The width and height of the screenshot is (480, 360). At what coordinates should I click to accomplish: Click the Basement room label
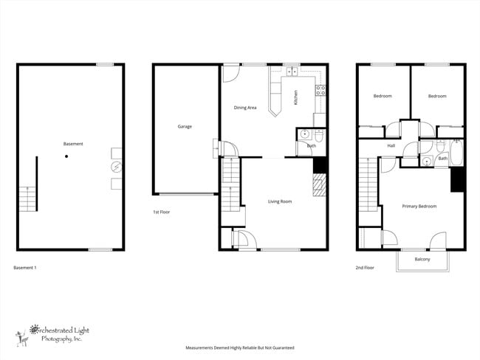[x=72, y=144]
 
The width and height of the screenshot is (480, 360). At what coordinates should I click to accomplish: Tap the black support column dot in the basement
[x=66, y=156]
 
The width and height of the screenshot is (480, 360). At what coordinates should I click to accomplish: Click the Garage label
[x=185, y=126]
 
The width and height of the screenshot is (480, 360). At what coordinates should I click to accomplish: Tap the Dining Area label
[x=245, y=108]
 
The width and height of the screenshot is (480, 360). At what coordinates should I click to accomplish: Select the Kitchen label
[x=295, y=97]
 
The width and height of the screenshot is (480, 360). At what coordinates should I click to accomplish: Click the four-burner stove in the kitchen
[x=320, y=91]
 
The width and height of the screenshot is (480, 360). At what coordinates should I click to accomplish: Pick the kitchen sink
[x=290, y=72]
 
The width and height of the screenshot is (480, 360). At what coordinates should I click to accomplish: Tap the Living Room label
[x=280, y=201]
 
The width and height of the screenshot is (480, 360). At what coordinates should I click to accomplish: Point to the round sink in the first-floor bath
[x=304, y=134]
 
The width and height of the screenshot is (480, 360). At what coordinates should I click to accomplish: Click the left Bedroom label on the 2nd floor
[x=383, y=96]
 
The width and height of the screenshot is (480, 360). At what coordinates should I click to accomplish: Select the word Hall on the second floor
[x=391, y=145]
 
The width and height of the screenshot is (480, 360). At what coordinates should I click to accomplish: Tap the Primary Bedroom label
[x=419, y=207]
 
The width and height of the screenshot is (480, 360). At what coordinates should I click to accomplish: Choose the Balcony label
[x=422, y=259]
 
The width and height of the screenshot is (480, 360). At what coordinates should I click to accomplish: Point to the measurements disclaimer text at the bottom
[x=239, y=347]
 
